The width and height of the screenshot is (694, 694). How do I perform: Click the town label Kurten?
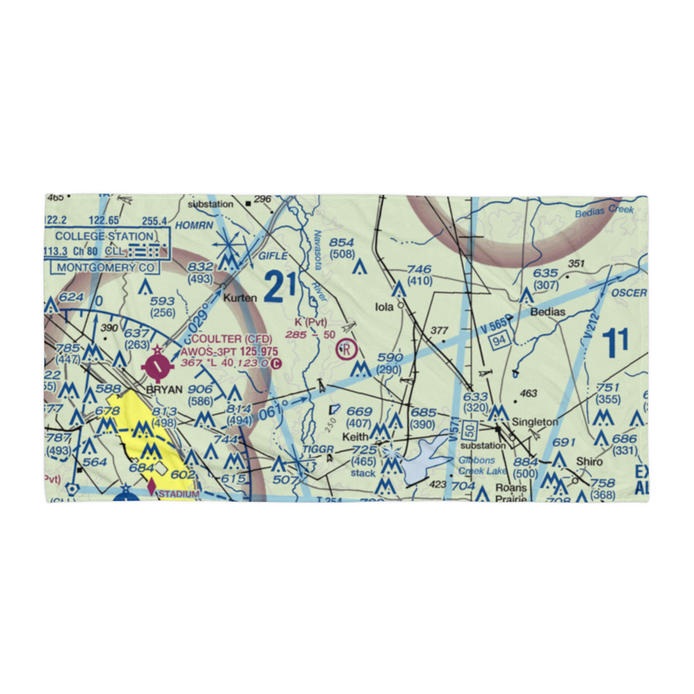tap(239, 298)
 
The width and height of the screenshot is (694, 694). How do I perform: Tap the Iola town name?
tap(384, 306)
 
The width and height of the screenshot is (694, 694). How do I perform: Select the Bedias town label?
tap(548, 312)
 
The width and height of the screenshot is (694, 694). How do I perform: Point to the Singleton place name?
tap(535, 421)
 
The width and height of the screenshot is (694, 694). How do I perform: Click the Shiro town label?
tap(589, 462)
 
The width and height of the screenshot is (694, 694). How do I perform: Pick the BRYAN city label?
tap(164, 389)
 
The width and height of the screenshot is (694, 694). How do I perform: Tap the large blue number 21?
tap(276, 287)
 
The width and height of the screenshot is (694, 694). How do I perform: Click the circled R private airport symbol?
tap(345, 349)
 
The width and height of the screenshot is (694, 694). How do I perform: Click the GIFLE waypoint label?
tap(272, 256)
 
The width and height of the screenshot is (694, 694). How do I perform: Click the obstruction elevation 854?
tap(341, 242)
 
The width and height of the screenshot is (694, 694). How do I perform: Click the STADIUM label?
tap(180, 493)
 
